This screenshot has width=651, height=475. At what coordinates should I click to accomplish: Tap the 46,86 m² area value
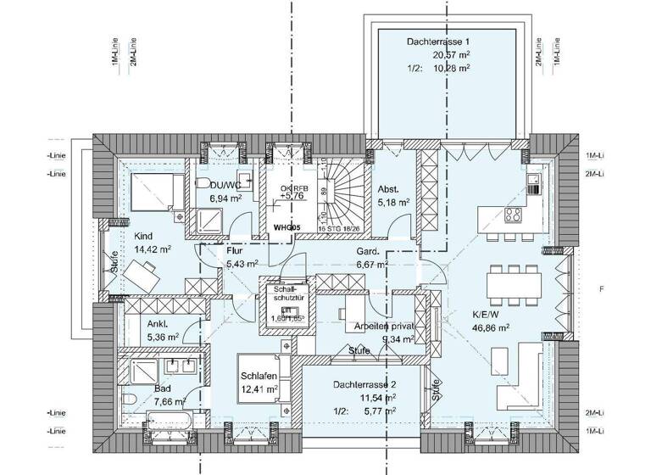coord(490,327)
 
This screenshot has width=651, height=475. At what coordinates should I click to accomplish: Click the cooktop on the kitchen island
coord(514,213)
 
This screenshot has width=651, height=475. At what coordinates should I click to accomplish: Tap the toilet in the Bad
coord(129,399)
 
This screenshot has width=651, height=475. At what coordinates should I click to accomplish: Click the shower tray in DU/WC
coord(209,221)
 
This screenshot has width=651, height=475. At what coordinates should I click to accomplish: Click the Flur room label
coord(235,251)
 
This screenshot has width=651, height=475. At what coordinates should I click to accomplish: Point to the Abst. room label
coord(388,190)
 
